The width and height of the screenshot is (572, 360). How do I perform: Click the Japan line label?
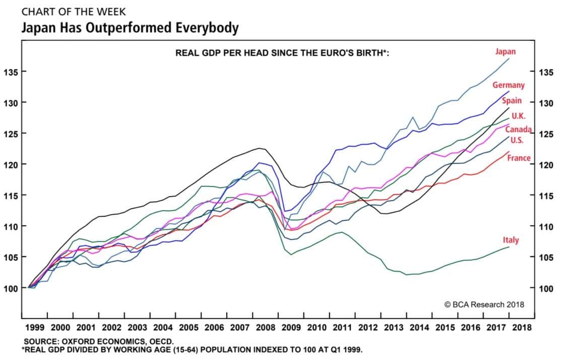[x=505, y=51]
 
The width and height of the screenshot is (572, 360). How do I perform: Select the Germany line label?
[x=509, y=85]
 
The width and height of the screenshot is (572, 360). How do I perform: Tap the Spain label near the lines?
[x=512, y=100]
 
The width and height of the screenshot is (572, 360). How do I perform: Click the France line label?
[x=519, y=158]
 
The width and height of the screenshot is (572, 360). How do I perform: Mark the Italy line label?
[x=511, y=240]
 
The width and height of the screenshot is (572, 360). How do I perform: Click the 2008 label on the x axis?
[x=265, y=327]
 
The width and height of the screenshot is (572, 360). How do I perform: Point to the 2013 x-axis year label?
[x=394, y=327]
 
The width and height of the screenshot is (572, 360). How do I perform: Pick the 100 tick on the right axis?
[x=546, y=288]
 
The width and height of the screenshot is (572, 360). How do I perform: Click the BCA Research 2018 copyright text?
[x=484, y=304]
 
